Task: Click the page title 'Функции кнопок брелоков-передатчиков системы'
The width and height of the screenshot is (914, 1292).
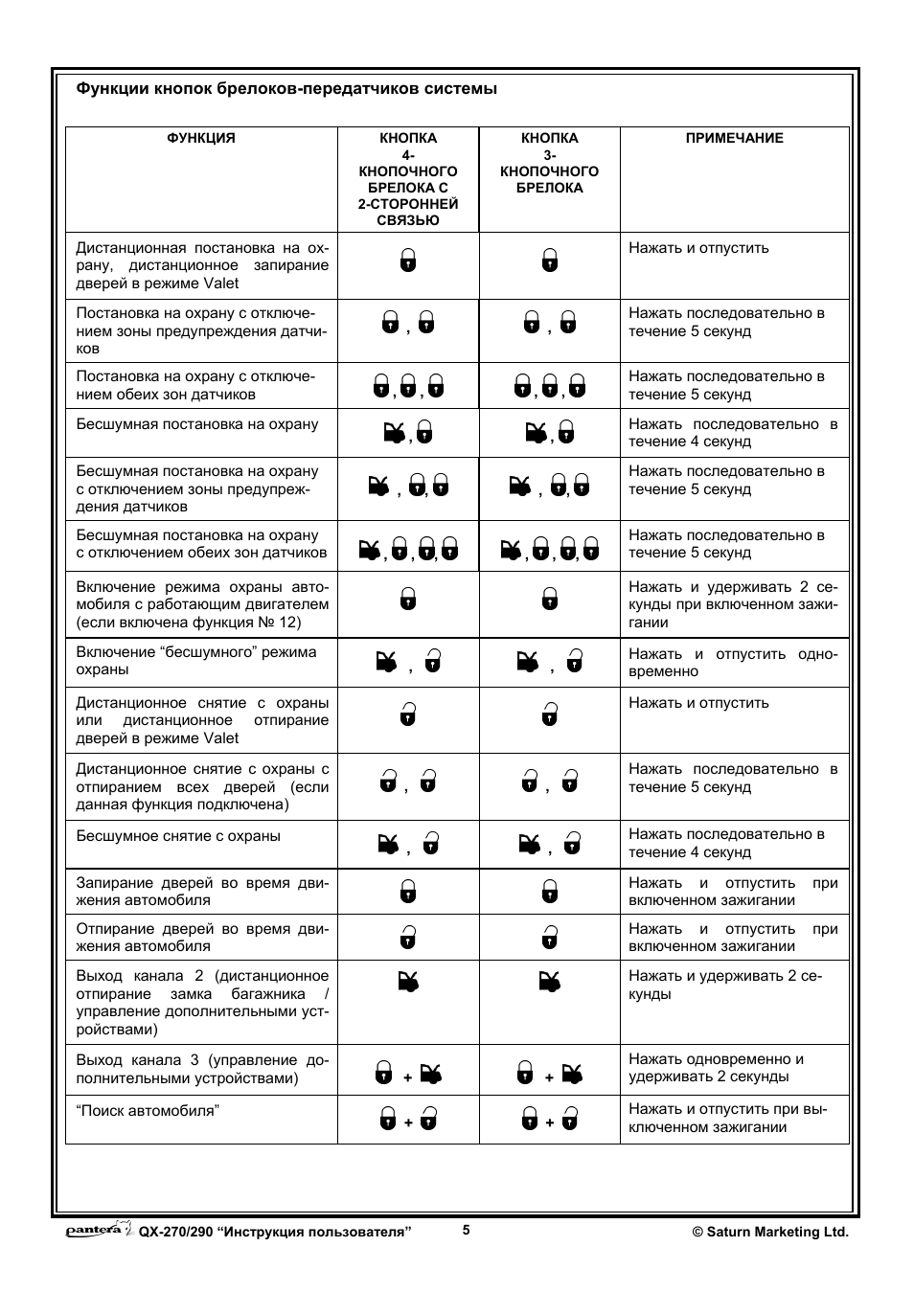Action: click(x=286, y=89)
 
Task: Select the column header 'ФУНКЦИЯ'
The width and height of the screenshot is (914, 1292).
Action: click(x=201, y=138)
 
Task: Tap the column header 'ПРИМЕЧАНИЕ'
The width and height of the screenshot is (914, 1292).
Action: click(x=734, y=138)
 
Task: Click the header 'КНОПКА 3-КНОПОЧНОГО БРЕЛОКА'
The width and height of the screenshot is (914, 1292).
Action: click(x=549, y=163)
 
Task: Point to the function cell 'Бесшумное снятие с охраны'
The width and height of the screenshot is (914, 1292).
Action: click(x=178, y=836)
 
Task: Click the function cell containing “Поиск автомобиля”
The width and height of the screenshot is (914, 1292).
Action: click(x=148, y=1111)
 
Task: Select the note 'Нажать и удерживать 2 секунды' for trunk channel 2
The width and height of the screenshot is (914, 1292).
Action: click(x=724, y=985)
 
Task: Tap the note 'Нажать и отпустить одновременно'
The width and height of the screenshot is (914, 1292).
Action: click(x=733, y=663)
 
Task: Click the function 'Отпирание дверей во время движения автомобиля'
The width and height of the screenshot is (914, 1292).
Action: click(x=201, y=938)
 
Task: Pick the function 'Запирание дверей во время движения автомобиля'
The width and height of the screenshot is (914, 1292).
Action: click(x=201, y=892)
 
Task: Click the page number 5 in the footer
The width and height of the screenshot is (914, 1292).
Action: click(x=467, y=1231)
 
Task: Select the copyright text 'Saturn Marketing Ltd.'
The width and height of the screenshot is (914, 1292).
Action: click(x=770, y=1233)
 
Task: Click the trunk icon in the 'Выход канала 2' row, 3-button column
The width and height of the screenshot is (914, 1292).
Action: click(x=550, y=981)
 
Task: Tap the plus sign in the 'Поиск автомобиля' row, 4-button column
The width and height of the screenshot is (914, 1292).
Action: click(x=408, y=1122)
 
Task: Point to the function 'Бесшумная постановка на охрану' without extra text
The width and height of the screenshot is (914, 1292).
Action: click(x=197, y=424)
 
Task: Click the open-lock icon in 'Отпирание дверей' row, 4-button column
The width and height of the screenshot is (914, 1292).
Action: click(x=408, y=937)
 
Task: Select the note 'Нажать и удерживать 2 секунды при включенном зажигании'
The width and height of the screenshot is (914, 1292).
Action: click(x=733, y=604)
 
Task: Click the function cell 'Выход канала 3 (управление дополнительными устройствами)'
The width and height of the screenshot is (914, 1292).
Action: click(x=201, y=1069)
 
